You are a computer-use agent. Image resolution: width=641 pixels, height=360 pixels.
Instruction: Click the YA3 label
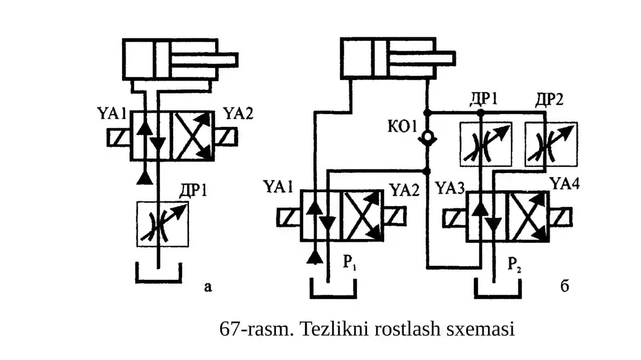coord(450,188)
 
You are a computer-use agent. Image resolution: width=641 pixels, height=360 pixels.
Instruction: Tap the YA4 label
coord(564,184)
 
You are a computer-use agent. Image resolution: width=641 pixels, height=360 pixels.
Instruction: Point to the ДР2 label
coord(549,99)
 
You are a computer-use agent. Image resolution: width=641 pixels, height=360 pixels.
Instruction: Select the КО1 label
coord(402,127)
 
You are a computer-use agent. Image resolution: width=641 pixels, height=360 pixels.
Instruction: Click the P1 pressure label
coord(349,262)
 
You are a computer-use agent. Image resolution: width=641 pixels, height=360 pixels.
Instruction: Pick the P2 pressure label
coord(514,264)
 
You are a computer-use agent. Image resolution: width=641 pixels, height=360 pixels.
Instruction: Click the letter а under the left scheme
coord(208,287)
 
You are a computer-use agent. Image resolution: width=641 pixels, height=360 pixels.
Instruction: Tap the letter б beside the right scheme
coord(564,286)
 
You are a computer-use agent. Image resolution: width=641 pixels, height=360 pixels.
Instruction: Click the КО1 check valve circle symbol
coord(427,138)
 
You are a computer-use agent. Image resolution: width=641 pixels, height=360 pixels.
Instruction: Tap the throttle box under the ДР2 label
coord(551,144)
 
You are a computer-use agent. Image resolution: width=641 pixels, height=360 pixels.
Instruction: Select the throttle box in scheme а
coord(163,224)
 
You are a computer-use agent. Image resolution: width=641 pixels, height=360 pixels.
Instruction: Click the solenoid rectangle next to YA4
coord(560,217)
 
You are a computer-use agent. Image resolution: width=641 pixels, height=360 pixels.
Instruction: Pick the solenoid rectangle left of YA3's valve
coord(455,219)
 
